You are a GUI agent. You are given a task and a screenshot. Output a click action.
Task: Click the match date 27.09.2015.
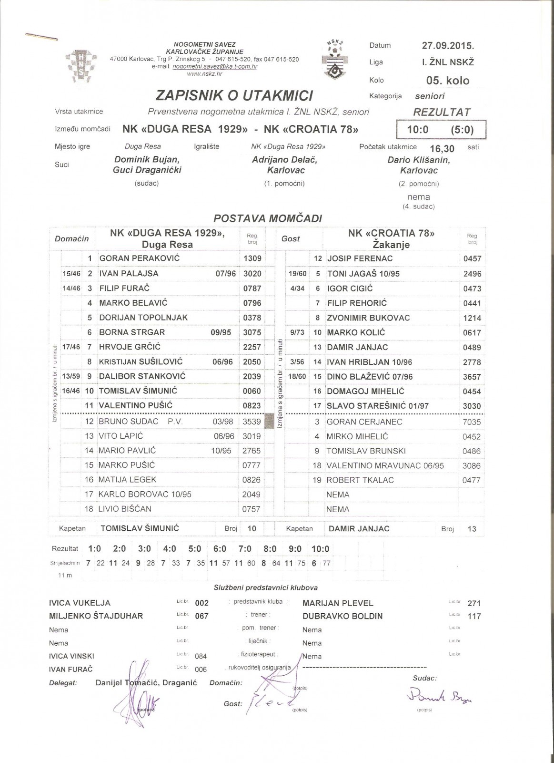[x=448, y=46]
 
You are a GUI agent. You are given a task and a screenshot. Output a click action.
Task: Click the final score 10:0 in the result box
[x=418, y=130]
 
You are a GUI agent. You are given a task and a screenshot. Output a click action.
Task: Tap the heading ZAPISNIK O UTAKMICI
[x=234, y=95]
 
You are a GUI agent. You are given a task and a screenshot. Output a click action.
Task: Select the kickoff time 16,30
[x=442, y=148]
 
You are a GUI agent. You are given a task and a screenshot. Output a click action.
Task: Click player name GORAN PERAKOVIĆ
[x=133, y=258]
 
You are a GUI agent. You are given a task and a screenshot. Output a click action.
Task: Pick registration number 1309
[x=252, y=258]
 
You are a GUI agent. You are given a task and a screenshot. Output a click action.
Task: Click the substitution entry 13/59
[x=71, y=376]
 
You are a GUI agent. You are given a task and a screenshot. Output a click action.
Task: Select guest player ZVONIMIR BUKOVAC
[x=368, y=318]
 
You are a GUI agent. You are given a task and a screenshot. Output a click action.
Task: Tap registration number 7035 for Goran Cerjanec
[x=472, y=422]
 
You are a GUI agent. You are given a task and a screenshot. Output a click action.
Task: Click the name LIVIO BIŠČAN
[x=125, y=509]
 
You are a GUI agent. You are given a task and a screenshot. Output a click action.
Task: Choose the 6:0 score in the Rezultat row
[x=220, y=548]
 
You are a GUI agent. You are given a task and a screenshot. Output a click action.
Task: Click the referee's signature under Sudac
[x=439, y=697]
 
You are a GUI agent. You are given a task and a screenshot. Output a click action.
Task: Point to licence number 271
[x=474, y=603]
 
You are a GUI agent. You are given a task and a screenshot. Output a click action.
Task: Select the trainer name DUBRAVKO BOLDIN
[x=342, y=616]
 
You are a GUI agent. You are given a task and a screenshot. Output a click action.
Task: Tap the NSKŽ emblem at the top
[x=336, y=59]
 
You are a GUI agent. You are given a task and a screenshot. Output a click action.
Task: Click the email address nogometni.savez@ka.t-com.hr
[x=215, y=67]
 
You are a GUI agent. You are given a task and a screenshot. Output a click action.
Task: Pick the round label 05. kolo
[x=448, y=81]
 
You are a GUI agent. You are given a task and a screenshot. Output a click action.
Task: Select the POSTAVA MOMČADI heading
[x=268, y=218]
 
